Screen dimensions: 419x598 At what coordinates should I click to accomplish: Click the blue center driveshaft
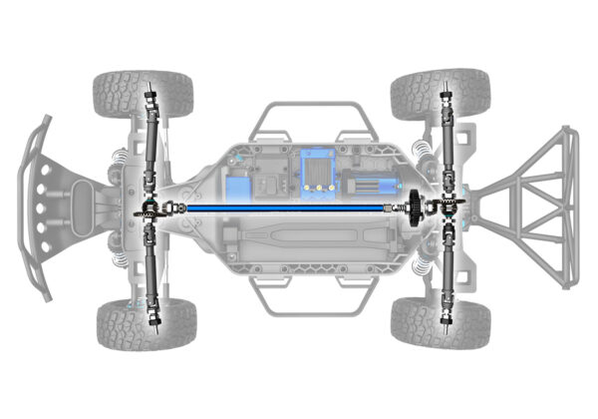tap(289, 207)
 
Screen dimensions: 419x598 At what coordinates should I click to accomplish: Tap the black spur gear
tap(412, 207)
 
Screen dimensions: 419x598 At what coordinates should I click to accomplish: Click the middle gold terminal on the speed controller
tap(318, 188)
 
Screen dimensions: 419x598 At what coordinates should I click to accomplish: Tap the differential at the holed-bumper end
tap(149, 208)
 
